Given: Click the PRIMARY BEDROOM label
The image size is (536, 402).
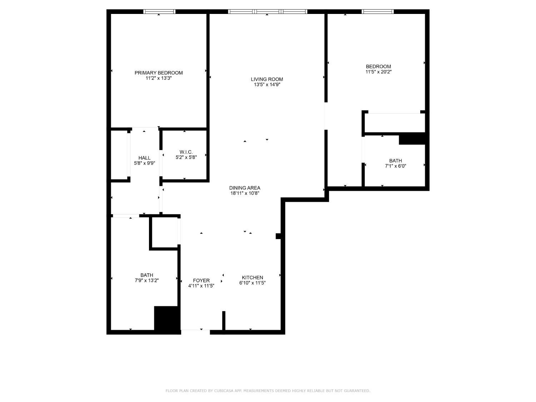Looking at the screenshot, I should point(159,73).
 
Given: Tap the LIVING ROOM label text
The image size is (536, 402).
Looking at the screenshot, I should point(267,79).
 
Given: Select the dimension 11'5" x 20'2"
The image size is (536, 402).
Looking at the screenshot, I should point(378,72).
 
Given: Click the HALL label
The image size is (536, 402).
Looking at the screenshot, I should point(144,158).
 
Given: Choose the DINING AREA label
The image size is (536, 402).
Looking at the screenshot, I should point(245,188).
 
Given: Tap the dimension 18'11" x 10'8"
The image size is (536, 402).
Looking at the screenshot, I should point(245,193).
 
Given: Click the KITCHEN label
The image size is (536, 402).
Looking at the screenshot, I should point(252,278).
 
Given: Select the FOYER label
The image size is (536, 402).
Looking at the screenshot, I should point(201,281).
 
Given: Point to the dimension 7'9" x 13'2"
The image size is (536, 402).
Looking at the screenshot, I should point(147,281).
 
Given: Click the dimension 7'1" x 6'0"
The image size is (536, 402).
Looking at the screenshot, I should point(396,166).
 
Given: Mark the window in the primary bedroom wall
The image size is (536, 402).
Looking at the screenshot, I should point(159,12).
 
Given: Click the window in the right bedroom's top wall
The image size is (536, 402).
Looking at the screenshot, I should point(378,12).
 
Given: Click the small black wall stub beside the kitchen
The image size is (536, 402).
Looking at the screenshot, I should point(278,236).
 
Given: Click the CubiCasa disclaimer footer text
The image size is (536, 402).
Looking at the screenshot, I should point(268,391).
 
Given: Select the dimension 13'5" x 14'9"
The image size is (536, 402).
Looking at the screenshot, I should point(267,85).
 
